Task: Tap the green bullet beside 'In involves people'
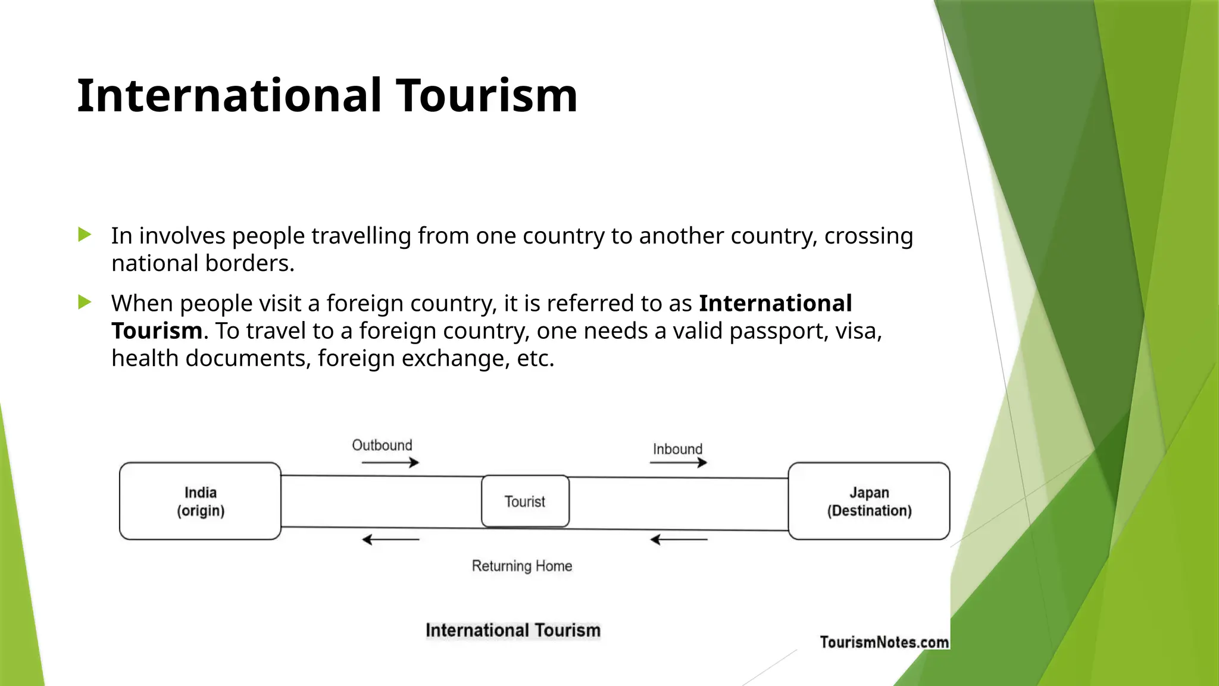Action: point(85,235)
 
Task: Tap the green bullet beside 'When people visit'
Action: point(85,303)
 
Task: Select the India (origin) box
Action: point(200,501)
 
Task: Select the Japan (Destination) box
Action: point(868,501)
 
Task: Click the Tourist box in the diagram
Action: point(525,501)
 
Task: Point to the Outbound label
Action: point(382,445)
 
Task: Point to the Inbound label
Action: point(677,449)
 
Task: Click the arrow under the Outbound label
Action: point(390,463)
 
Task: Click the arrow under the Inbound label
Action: point(678,463)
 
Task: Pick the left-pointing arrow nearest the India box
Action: point(390,540)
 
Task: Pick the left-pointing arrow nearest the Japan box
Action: point(679,540)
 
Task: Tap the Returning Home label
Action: point(521,566)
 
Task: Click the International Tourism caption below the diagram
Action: point(512,630)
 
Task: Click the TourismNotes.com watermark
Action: point(884,642)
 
